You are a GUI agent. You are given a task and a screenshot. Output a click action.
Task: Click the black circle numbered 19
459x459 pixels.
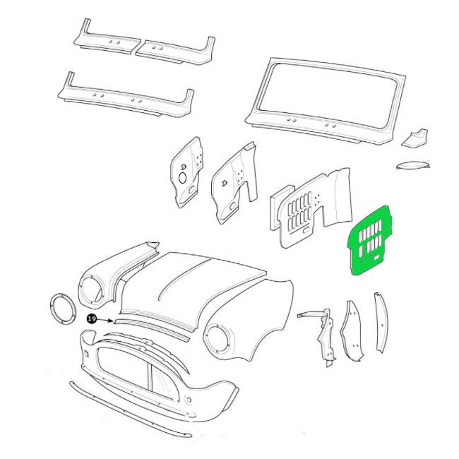[x=92, y=318]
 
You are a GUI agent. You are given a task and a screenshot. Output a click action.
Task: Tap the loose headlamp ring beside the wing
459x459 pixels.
[x=64, y=309]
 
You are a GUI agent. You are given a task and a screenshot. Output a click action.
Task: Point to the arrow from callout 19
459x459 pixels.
[x=105, y=321]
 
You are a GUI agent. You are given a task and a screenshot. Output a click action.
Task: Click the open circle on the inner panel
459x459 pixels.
[x=182, y=178]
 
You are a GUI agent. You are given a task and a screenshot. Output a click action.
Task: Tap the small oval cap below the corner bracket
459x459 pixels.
[x=413, y=165]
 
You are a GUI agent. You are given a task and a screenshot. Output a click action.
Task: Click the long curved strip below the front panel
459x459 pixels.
[x=129, y=410]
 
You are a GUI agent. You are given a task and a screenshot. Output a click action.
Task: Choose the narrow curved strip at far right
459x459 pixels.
[x=381, y=322]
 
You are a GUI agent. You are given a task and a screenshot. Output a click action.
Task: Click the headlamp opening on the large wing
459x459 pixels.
[x=217, y=340]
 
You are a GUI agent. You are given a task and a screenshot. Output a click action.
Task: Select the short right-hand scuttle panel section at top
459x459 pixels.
[x=176, y=52]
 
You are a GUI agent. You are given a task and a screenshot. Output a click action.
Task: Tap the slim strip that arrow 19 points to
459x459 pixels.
[x=152, y=330]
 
